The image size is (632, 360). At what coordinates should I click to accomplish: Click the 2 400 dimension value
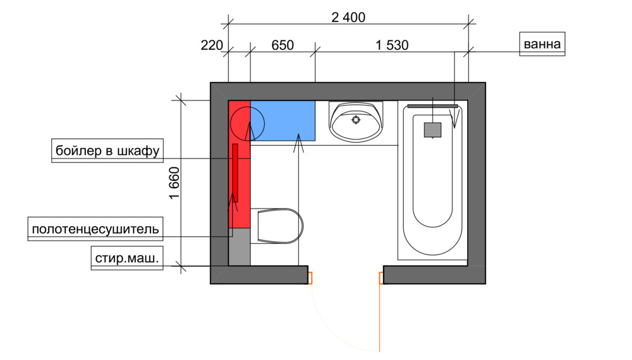point(348,17)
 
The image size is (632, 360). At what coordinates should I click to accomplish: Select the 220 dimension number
point(212,45)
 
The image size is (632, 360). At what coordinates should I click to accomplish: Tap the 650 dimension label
point(282,45)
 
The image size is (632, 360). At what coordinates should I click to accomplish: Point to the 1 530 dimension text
point(392,45)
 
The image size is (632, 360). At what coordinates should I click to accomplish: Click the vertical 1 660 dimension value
point(174,183)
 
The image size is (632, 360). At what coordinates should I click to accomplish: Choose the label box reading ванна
point(542,44)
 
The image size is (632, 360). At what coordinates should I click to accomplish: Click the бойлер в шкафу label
point(107,150)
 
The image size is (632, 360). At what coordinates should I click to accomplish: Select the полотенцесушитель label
point(95,229)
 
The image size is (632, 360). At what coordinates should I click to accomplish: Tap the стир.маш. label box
point(127,258)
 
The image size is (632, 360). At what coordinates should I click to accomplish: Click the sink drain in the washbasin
point(356,119)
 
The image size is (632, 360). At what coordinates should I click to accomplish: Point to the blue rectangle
point(283,121)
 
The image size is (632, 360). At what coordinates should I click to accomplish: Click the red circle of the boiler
point(248,124)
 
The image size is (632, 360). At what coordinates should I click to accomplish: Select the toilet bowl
point(280,226)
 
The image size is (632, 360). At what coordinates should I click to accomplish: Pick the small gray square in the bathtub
point(432,130)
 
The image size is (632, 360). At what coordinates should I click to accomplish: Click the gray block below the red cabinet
point(240,247)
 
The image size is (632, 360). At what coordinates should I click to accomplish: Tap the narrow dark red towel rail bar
point(235,173)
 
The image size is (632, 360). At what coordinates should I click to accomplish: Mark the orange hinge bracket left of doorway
point(310,278)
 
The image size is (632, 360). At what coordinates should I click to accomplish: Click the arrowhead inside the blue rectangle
point(298,143)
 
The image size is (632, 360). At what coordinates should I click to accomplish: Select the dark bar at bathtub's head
point(432,106)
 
